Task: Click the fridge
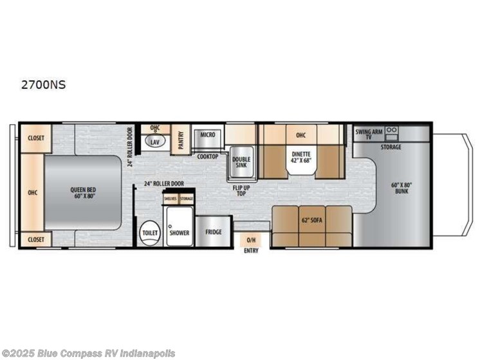[x=213, y=232]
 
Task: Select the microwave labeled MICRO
[x=207, y=135]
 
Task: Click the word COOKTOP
[x=207, y=156]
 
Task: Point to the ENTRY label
[x=251, y=251]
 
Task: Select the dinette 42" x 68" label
[x=300, y=157]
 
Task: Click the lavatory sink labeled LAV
[x=155, y=141]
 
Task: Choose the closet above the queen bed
[x=35, y=137]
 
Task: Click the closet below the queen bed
[x=35, y=239]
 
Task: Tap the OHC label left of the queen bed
[x=32, y=191]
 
